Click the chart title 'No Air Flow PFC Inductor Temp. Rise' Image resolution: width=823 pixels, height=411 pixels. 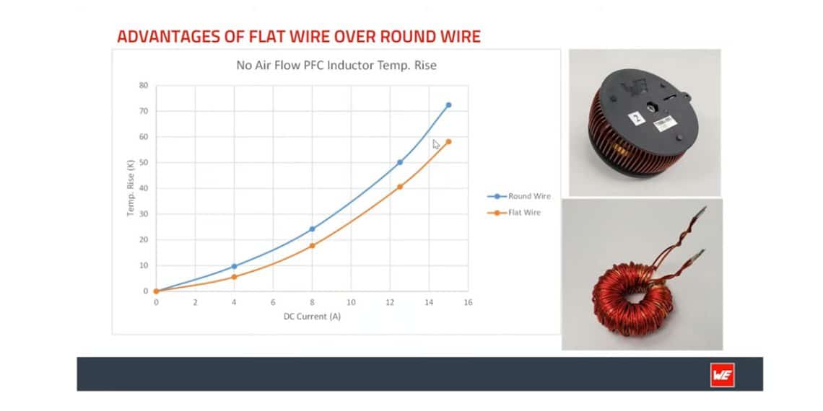click(x=336, y=66)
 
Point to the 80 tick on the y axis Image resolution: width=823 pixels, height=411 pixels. click(x=143, y=85)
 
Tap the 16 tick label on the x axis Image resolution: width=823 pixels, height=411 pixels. click(x=468, y=303)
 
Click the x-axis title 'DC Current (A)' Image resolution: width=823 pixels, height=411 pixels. click(x=312, y=317)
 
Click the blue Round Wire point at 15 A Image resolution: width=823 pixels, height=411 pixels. click(x=448, y=105)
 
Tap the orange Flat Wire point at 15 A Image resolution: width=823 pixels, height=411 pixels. click(x=448, y=141)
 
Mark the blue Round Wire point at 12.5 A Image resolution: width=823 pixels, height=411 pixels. click(x=400, y=162)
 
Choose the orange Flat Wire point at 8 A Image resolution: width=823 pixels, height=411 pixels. click(x=312, y=246)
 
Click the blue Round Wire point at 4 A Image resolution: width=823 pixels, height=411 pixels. click(x=234, y=266)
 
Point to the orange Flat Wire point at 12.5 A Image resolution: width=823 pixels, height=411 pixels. click(x=400, y=187)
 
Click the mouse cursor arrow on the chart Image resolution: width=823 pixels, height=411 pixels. click(x=435, y=143)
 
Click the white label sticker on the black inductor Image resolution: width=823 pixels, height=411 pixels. click(x=663, y=124)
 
